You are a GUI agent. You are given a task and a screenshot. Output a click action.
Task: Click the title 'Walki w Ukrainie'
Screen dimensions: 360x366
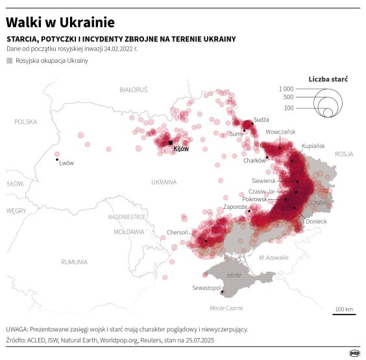57,23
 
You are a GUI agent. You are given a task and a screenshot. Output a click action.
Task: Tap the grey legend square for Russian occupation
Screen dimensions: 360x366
9,60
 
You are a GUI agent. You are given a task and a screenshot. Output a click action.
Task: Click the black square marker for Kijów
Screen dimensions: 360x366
170,143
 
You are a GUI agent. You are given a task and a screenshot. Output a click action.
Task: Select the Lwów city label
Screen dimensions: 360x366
66,163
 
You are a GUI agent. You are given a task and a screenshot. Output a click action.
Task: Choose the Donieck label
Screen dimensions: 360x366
316,221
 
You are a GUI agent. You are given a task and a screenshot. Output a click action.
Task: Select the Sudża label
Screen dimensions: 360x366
261,119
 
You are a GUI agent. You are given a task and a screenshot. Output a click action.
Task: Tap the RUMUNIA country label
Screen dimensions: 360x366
75,262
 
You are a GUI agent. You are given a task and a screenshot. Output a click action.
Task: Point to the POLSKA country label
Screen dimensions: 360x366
27,121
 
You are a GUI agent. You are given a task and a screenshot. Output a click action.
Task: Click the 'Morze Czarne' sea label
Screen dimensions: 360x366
226,307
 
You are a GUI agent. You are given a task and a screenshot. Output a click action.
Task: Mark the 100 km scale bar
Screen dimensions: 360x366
344,314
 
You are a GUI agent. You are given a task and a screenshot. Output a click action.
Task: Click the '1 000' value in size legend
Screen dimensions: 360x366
286,88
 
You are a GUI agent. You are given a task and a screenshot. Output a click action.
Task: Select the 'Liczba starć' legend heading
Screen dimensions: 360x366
328,78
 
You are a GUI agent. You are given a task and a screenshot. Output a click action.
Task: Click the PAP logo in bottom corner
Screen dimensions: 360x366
354,353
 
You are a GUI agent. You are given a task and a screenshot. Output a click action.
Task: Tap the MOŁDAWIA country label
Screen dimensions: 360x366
129,231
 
